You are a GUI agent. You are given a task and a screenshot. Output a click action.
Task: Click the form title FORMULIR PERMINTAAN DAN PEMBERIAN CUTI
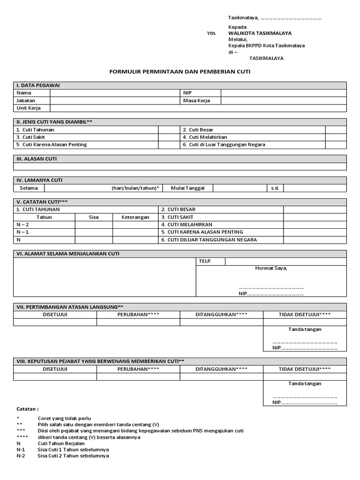[180, 72]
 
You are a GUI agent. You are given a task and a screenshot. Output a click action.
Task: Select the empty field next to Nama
[115, 93]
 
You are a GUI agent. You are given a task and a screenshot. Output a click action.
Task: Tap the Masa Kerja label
[196, 100]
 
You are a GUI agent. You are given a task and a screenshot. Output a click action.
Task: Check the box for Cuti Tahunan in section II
[166, 130]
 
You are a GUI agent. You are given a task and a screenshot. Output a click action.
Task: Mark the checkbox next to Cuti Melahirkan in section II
[336, 137]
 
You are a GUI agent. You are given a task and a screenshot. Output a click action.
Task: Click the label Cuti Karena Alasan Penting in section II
[52, 145]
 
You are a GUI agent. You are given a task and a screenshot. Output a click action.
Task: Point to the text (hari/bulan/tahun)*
[135, 188]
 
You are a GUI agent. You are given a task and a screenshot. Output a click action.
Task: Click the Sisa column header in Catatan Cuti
[93, 217]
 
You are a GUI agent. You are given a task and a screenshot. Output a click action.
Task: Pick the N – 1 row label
[22, 232]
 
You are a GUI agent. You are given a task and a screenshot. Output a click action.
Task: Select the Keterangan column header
[135, 217]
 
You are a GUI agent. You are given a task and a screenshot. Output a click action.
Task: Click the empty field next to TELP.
[285, 262]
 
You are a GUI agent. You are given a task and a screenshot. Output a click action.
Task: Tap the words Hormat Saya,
[271, 269]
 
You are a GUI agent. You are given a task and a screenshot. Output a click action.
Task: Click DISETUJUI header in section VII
[55, 315]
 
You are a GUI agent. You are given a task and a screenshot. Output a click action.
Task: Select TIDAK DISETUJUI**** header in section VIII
[305, 369]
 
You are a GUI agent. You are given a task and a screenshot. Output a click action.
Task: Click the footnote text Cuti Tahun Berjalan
[61, 443]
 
